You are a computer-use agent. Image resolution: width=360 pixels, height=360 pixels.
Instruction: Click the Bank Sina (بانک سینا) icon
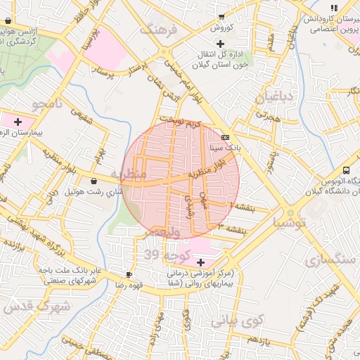coord(225,138)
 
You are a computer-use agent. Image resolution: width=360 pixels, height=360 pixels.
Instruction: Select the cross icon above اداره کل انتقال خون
coord(220,44)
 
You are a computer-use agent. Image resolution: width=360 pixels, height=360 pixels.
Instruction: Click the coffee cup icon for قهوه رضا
coord(129,274)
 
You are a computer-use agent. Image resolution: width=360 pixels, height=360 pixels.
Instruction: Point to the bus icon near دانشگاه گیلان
coord(346,170)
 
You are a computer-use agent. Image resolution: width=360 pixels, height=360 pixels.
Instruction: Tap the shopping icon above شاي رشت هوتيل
coord(94,181)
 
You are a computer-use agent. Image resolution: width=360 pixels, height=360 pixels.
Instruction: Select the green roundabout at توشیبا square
coord(290,213)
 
